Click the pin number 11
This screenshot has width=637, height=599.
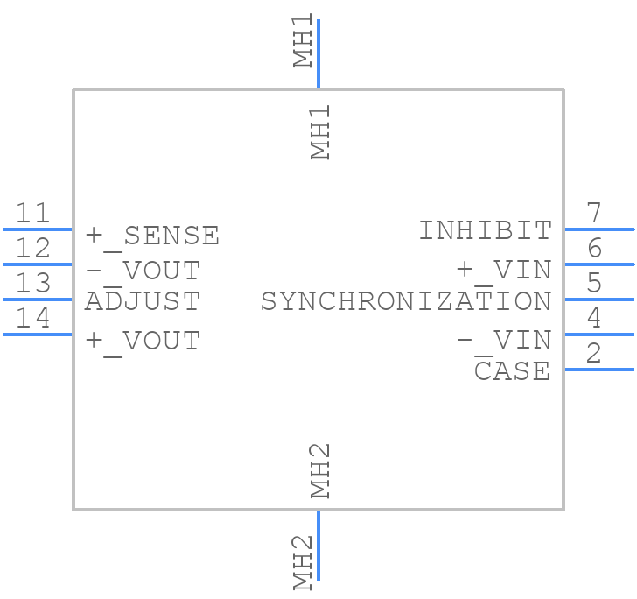(x=33, y=213)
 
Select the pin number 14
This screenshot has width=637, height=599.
(x=33, y=318)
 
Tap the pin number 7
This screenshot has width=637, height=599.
(x=594, y=213)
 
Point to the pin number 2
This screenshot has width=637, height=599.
(x=594, y=353)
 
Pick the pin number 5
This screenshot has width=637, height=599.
(x=594, y=283)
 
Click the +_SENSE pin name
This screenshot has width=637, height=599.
(x=152, y=235)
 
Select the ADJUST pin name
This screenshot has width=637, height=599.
(x=143, y=301)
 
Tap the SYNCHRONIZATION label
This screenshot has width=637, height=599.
(x=406, y=301)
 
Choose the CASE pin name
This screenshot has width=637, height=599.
(x=513, y=370)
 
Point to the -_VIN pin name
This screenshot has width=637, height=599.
(x=505, y=340)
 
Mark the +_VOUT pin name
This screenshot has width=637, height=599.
(x=143, y=340)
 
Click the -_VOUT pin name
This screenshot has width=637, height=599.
(x=143, y=270)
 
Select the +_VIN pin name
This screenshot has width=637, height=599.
(x=505, y=270)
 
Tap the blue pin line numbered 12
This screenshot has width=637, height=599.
(x=37, y=264)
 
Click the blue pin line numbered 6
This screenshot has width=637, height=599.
(x=599, y=264)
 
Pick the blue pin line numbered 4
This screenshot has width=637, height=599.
(x=599, y=334)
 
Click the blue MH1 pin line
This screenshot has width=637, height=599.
(x=318, y=53)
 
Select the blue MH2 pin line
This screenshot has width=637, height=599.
(x=318, y=544)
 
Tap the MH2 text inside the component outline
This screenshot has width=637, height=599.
(x=321, y=470)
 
